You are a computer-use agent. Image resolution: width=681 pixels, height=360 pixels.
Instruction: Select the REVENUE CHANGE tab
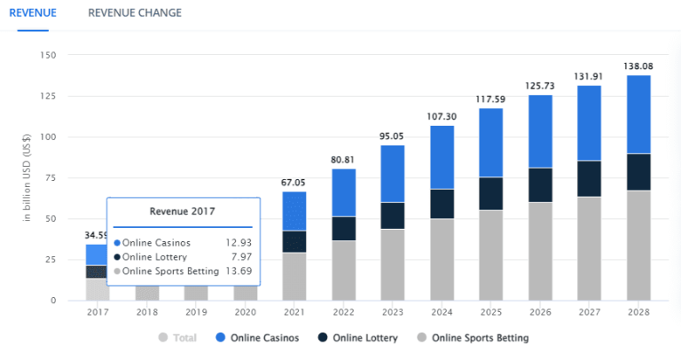(135, 12)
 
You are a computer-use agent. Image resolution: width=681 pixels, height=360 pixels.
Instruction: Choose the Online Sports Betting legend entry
(479, 338)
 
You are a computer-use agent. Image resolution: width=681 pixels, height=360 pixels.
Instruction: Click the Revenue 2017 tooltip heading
(183, 212)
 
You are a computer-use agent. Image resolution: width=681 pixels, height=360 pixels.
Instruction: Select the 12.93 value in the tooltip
(235, 242)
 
